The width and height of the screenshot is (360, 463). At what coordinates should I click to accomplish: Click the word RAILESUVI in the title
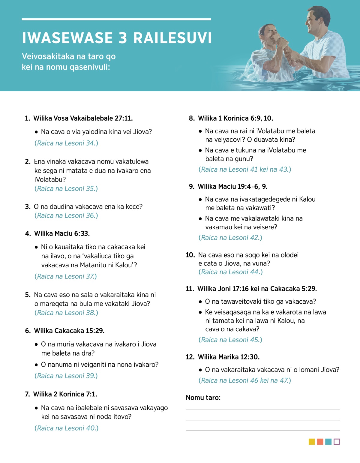coord(172,38)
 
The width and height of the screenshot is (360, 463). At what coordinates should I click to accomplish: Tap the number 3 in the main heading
coord(123,38)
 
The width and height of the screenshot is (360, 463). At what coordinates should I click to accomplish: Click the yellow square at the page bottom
coord(312,442)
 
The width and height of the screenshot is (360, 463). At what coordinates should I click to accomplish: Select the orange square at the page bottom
coord(320,442)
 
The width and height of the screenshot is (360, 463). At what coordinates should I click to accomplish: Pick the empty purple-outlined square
coord(337,442)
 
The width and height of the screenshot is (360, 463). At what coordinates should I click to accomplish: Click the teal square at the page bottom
coord(328,442)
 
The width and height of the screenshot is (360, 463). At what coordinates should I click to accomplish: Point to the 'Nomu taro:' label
coord(203,398)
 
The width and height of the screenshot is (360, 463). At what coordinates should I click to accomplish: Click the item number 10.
coord(190,255)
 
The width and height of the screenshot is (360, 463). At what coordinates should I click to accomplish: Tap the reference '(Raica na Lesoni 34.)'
coord(66,143)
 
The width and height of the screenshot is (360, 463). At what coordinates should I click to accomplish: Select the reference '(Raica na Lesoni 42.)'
coord(230,238)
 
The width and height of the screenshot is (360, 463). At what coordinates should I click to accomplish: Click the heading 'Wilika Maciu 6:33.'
coord(62,233)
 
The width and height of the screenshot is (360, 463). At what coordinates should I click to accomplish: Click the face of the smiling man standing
coord(313,23)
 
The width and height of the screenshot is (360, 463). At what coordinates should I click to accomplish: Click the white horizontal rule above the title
coord(116,19)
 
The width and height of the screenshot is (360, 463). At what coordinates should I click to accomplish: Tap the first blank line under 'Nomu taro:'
coord(262,410)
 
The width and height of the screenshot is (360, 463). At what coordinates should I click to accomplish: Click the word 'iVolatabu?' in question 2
coord(50,179)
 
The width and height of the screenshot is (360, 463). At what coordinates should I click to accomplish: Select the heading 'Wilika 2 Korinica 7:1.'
coord(65,394)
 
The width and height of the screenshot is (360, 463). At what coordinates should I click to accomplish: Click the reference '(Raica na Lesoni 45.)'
coord(230,340)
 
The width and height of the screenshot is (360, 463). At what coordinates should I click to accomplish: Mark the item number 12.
coord(190,357)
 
